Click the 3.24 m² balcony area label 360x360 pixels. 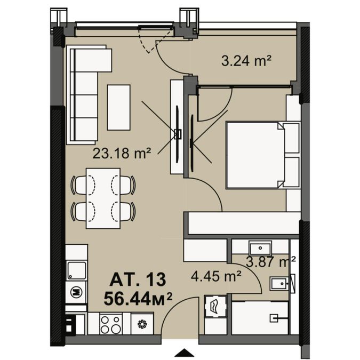(x=246, y=61)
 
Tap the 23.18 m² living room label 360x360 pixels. (x=122, y=154)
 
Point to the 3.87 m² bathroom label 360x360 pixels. (x=271, y=262)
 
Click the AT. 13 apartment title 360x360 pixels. (x=138, y=279)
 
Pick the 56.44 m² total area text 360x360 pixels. (x=138, y=299)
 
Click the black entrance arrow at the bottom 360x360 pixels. (x=183, y=353)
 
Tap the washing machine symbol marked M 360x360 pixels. (x=76, y=292)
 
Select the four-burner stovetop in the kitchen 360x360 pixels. (x=110, y=324)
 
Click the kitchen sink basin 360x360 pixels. (x=77, y=270)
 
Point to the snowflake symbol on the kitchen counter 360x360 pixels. (x=142, y=324)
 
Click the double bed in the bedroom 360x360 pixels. (x=263, y=155)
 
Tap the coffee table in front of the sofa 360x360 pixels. (x=119, y=108)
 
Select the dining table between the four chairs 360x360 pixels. (x=103, y=198)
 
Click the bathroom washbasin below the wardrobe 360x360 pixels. (x=260, y=247)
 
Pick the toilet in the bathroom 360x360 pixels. (x=279, y=284)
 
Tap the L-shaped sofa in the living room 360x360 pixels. (x=85, y=94)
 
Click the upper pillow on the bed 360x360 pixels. (x=291, y=138)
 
